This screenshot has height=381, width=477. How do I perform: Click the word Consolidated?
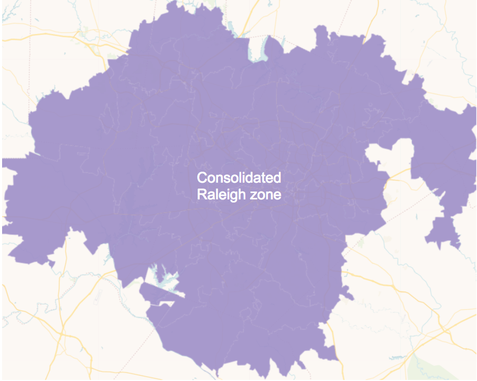(x=238, y=177)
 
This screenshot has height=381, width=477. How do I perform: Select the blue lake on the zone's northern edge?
(x=257, y=48)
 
